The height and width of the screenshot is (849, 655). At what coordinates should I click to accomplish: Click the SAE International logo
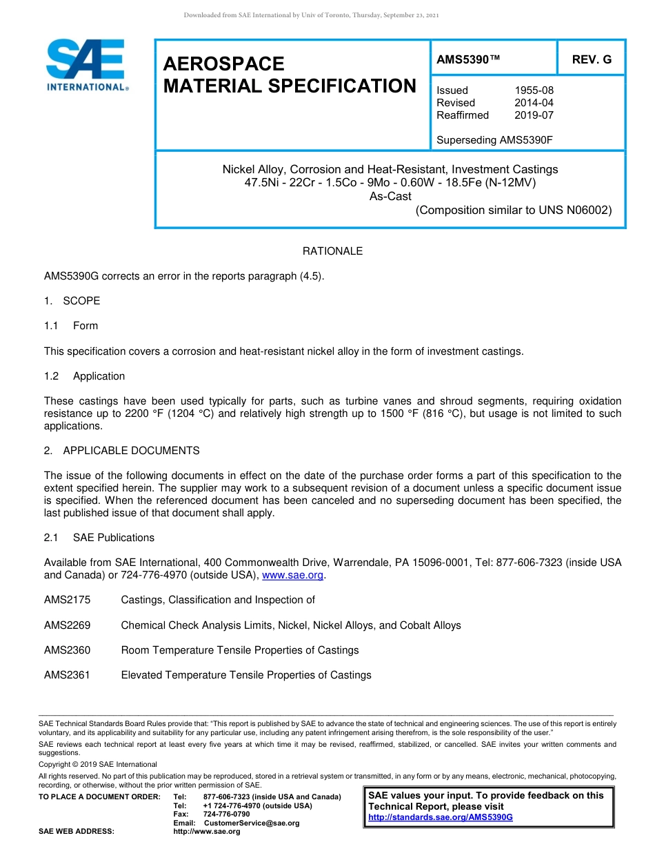pyautogui.click(x=86, y=65)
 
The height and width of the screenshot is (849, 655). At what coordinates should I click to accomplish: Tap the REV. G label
pyautogui.click(x=592, y=60)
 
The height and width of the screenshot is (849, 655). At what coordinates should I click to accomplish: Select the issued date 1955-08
pyautogui.click(x=534, y=90)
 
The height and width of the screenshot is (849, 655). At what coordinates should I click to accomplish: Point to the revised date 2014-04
pyautogui.click(x=534, y=103)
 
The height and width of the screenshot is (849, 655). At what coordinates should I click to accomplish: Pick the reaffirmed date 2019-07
pyautogui.click(x=534, y=115)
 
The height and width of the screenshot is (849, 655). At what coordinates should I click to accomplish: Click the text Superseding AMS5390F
pyautogui.click(x=494, y=140)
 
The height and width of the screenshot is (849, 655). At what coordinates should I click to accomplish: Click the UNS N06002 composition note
pyautogui.click(x=514, y=211)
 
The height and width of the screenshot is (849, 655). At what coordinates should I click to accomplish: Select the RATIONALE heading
pyautogui.click(x=332, y=251)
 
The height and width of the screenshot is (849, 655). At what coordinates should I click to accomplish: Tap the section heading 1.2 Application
pyautogui.click(x=84, y=376)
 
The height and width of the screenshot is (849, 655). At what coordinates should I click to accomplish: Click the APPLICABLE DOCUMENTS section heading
pyautogui.click(x=131, y=451)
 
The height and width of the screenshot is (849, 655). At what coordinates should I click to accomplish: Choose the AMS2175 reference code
pyautogui.click(x=67, y=600)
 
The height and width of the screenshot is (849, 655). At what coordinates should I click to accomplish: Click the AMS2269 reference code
pyautogui.click(x=67, y=625)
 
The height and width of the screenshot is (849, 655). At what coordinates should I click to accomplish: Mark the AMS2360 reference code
pyautogui.click(x=67, y=650)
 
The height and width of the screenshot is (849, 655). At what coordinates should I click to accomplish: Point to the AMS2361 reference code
pyautogui.click(x=67, y=675)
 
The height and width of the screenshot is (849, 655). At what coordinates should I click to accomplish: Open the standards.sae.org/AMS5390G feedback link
pyautogui.click(x=441, y=817)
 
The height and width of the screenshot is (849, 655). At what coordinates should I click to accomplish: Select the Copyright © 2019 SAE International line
pyautogui.click(x=98, y=764)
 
